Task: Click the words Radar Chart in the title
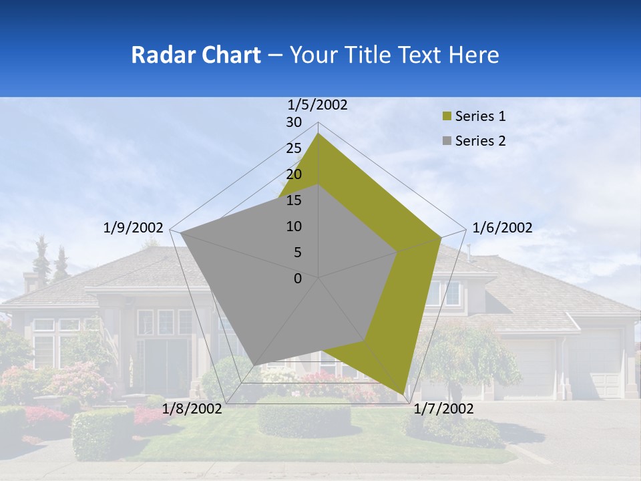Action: click(x=196, y=55)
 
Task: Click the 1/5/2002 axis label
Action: click(x=318, y=104)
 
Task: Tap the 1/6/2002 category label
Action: click(x=502, y=228)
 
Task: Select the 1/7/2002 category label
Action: click(x=443, y=409)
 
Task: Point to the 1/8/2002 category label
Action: click(x=192, y=409)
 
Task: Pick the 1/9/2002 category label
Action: click(x=134, y=228)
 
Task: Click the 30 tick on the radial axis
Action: click(x=294, y=122)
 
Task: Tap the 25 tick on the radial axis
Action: click(x=294, y=148)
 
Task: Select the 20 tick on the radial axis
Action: click(x=294, y=174)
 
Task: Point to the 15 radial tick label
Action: click(x=294, y=200)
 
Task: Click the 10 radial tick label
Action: click(x=294, y=226)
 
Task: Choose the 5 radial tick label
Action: click(x=297, y=253)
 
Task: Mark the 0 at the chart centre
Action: click(x=298, y=279)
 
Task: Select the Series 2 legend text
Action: click(x=480, y=141)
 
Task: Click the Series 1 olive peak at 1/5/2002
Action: click(x=318, y=134)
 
